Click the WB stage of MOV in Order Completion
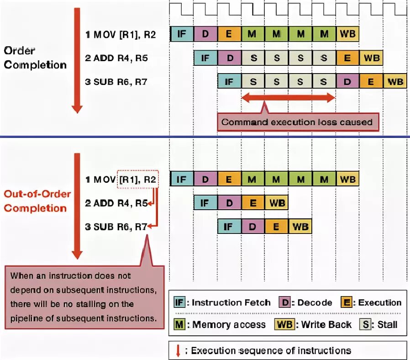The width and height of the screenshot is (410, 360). tap(347, 34)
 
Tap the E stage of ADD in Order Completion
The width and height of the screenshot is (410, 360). tap(347, 58)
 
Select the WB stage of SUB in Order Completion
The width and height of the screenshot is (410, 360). tap(395, 82)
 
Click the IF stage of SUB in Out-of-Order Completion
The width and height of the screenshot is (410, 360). tap(229, 226)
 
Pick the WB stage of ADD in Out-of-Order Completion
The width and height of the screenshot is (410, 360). tap(276, 202)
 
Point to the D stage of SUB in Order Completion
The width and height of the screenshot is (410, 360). tap(347, 82)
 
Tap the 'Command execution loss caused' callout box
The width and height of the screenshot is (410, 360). tap(297, 122)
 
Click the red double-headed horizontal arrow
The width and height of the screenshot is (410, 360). tap(288, 97)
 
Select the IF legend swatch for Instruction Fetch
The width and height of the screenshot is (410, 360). tap(180, 302)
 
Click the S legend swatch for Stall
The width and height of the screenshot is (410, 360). tap(366, 325)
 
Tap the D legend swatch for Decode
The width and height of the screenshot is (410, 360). tap(285, 302)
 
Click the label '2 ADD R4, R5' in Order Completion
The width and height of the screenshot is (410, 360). tap(116, 58)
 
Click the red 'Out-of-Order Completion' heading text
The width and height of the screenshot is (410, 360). tap(37, 201)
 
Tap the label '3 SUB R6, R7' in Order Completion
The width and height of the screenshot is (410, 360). tap(116, 82)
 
